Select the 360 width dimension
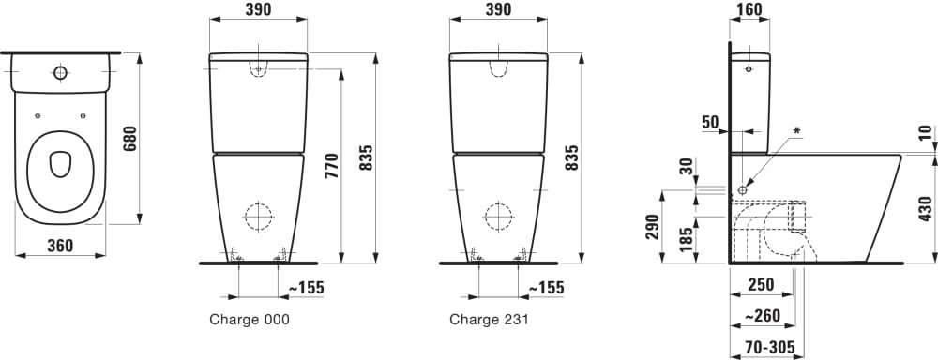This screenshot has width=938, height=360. coord(60,246)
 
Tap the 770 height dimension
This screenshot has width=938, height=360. coord(333,166)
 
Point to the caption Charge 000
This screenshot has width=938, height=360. coord(250,320)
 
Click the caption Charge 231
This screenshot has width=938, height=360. coord(490,320)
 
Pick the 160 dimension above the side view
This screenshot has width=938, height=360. coord(749,9)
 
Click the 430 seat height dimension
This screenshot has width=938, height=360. coord(925,209)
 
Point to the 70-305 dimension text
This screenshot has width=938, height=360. coord(771,347)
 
